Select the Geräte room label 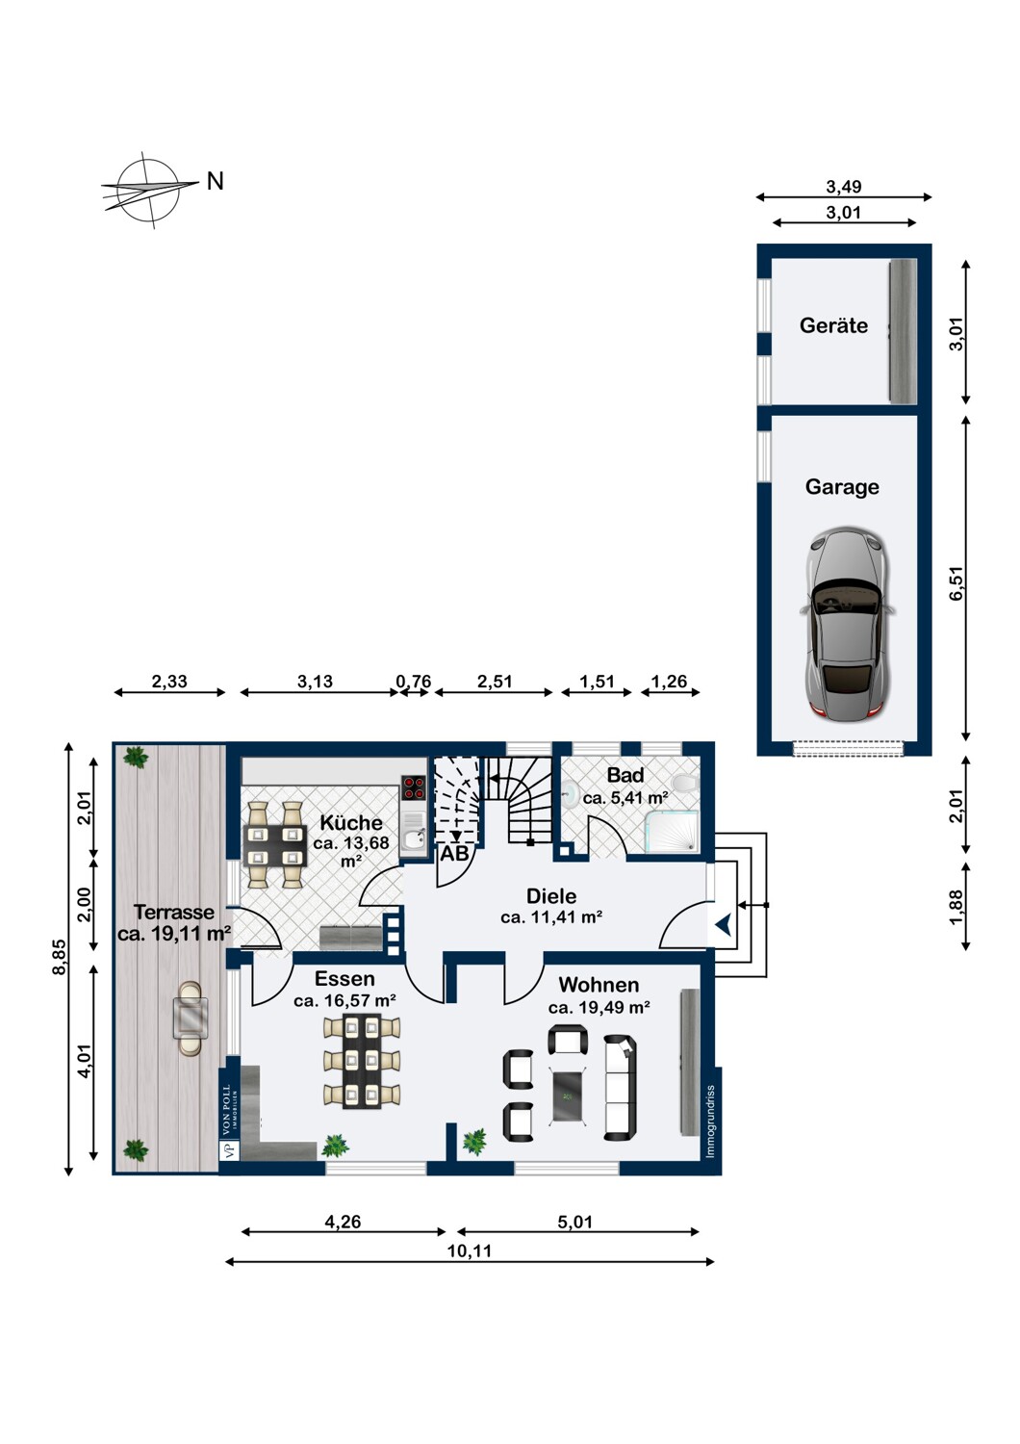[x=833, y=325]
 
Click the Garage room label [x=842, y=487]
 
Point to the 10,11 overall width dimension [x=469, y=1251]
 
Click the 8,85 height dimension [x=60, y=958]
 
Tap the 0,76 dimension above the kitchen [x=413, y=682]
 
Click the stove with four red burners [x=414, y=787]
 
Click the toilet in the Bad [x=685, y=783]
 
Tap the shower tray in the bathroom [x=674, y=832]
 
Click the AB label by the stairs [x=454, y=853]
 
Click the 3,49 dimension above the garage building [x=844, y=187]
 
